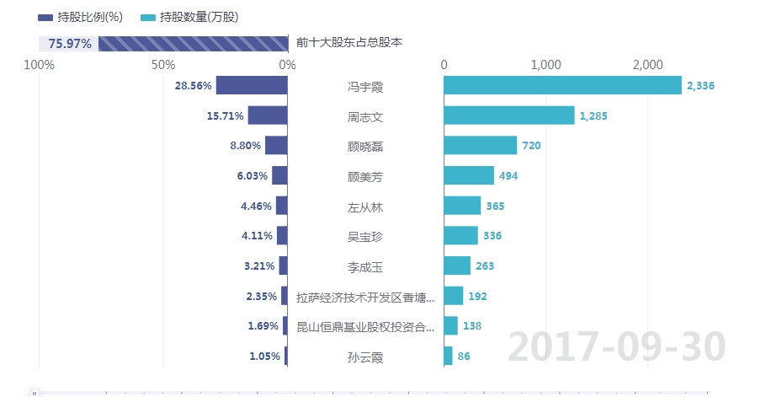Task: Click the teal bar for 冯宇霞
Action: [562, 86]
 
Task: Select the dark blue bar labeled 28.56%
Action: [252, 86]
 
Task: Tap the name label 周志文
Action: [365, 116]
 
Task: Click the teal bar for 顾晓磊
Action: [480, 146]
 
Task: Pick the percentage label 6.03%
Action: [253, 176]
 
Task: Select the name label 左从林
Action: [365, 207]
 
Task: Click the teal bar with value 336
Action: [460, 236]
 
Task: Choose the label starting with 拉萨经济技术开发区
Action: [365, 297]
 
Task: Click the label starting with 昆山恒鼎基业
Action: [365, 326]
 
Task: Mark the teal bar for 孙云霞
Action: [448, 357]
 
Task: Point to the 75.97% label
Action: [70, 44]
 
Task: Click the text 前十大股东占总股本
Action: [348, 43]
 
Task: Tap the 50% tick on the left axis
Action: [163, 65]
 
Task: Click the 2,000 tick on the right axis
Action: [646, 65]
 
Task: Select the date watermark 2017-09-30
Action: [616, 346]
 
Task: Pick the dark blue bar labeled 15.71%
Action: [268, 116]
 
